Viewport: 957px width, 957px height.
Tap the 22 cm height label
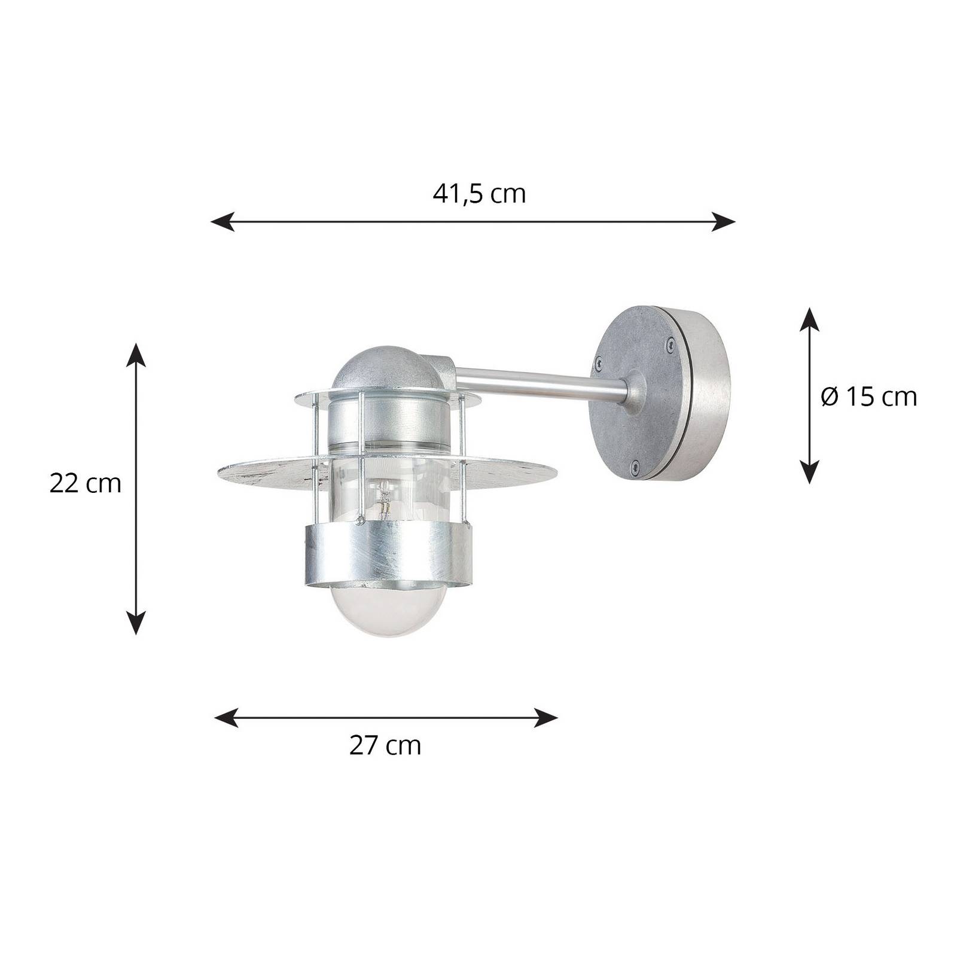click(86, 483)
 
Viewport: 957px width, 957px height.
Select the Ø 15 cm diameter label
click(869, 397)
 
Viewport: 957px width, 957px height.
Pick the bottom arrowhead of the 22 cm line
click(137, 622)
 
